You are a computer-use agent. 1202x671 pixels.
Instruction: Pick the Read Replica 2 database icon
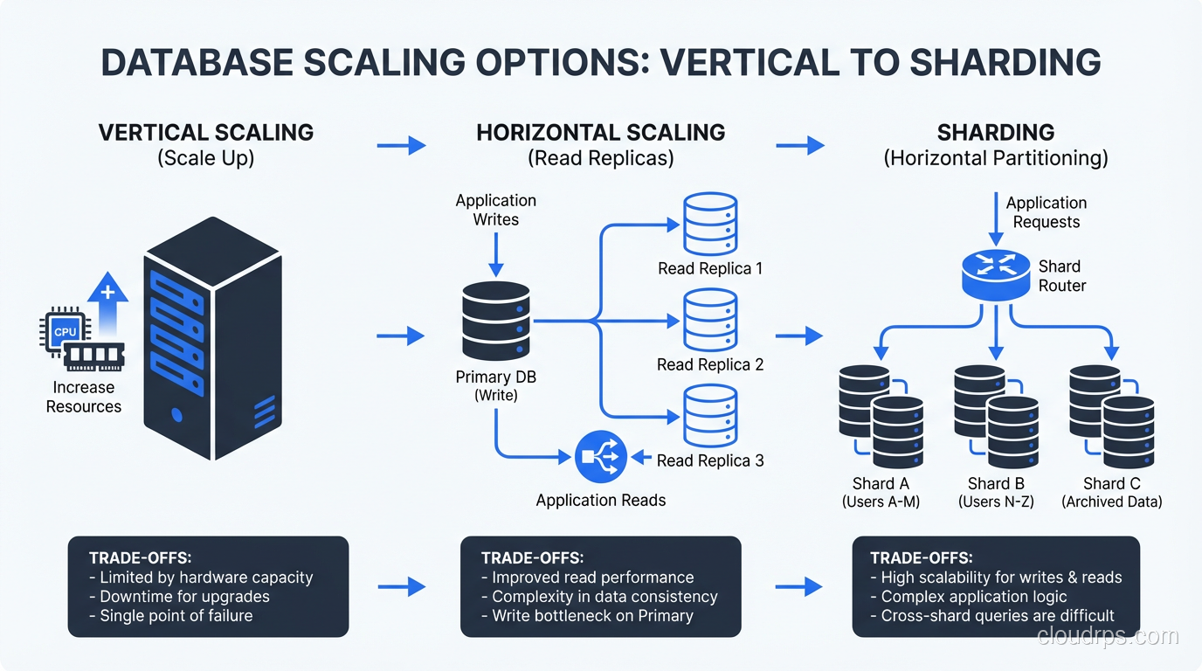[710, 321]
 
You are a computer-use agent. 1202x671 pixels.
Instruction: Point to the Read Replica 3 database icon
[710, 416]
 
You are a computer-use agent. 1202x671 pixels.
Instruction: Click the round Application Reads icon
[601, 456]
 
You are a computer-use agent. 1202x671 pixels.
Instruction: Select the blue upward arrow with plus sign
[107, 305]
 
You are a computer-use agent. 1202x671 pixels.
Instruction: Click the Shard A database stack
[881, 417]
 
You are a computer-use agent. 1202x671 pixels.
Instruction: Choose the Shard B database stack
[996, 417]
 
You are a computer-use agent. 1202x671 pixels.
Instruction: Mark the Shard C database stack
[1111, 417]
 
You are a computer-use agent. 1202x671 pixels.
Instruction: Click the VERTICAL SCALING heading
[206, 133]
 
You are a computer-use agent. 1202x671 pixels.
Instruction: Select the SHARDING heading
[996, 133]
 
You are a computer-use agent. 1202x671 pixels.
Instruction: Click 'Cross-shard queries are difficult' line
[998, 615]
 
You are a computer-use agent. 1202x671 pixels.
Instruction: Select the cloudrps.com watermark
[1108, 636]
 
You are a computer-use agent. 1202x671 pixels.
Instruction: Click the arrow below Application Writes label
[495, 254]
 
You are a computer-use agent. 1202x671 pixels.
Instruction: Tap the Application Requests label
[1047, 212]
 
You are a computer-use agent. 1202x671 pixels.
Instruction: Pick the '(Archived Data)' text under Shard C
[1111, 502]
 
